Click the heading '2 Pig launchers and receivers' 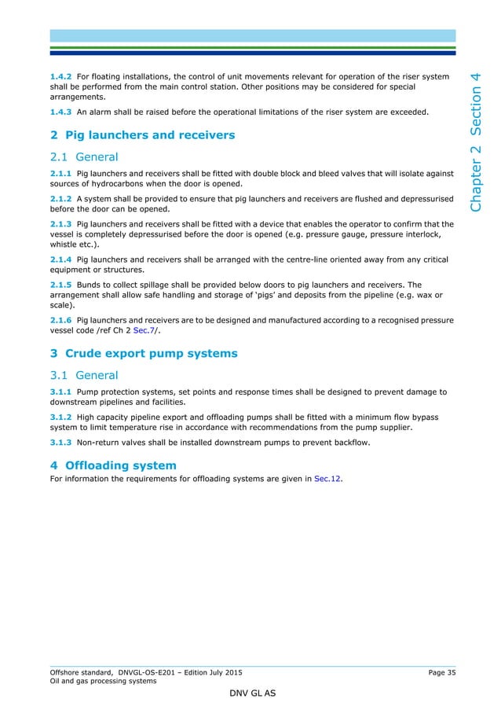pyautogui.click(x=142, y=135)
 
